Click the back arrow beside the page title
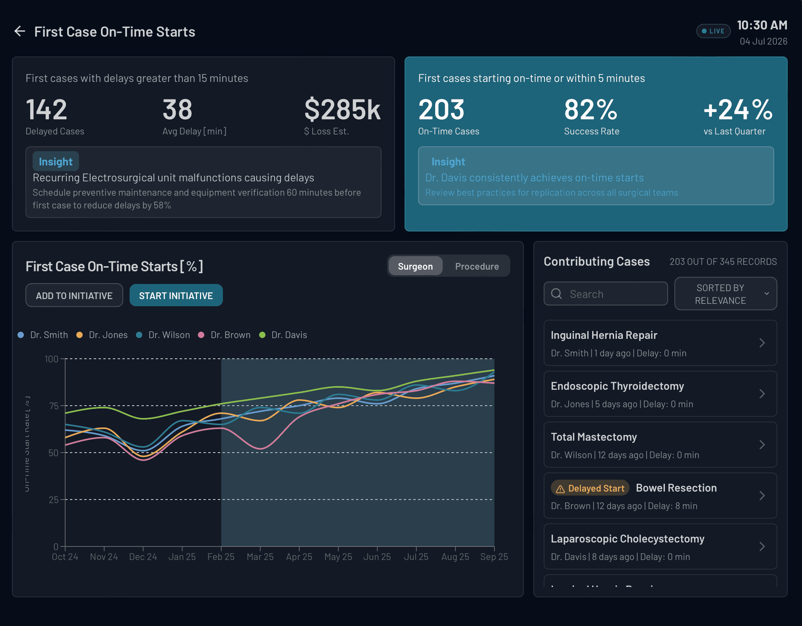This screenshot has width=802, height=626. click(19, 31)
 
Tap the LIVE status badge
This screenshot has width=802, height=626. click(713, 31)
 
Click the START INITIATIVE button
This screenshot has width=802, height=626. click(176, 296)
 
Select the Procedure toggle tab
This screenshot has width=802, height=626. click(477, 266)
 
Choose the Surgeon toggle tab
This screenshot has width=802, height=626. click(415, 266)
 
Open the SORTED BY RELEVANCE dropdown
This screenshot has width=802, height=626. click(725, 294)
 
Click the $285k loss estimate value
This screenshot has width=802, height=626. click(342, 109)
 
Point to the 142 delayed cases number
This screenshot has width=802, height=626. click(46, 109)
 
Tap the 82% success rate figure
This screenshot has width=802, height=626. click(591, 109)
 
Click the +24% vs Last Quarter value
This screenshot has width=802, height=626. click(738, 109)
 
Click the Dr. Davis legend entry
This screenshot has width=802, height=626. click(283, 335)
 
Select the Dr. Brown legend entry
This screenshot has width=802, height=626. click(225, 335)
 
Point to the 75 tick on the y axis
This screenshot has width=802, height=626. click(54, 406)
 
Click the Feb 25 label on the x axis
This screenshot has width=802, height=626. click(221, 557)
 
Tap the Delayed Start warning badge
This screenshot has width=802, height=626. click(590, 488)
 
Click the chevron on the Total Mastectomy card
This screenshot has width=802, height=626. click(762, 445)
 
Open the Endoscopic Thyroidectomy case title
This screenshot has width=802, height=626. click(617, 386)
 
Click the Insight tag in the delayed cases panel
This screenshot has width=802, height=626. click(56, 161)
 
